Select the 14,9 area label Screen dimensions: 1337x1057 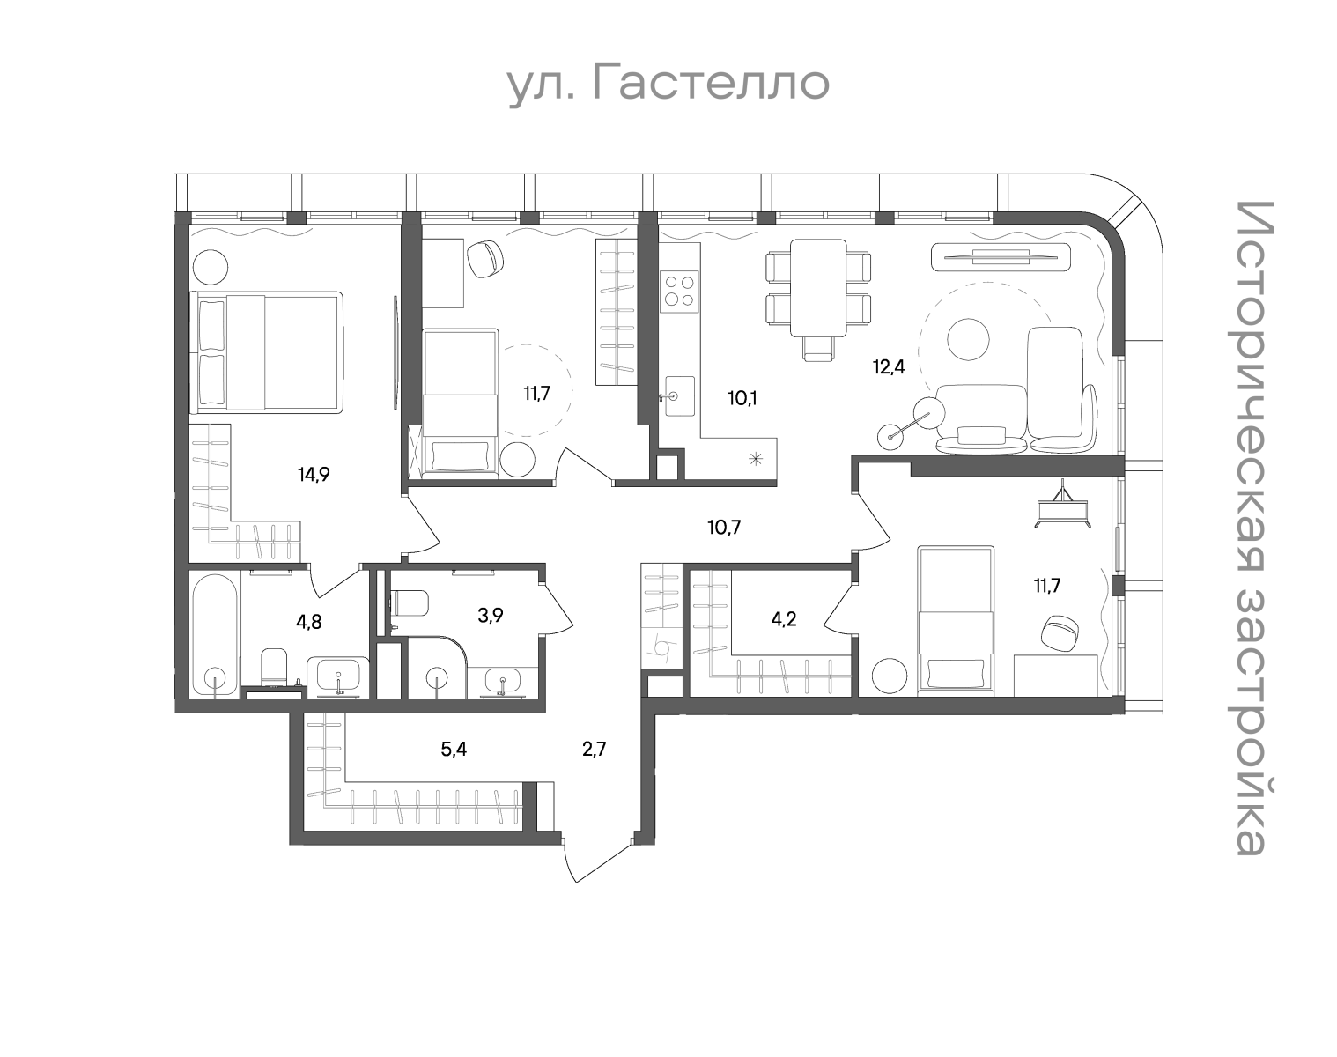(x=314, y=475)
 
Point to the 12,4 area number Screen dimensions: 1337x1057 (x=889, y=366)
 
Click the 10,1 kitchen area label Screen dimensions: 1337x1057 (x=742, y=397)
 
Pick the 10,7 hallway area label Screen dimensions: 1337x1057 (x=724, y=528)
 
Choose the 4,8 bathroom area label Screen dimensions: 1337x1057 (x=309, y=621)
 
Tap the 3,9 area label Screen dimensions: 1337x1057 (x=491, y=616)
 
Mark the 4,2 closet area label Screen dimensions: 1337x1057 (x=783, y=619)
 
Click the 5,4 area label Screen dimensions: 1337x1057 (x=454, y=750)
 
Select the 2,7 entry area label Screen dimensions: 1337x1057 (x=594, y=750)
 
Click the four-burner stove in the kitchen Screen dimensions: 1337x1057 (x=679, y=292)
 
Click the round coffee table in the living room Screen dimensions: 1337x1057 (x=967, y=338)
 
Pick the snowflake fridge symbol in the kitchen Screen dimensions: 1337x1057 (x=756, y=459)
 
